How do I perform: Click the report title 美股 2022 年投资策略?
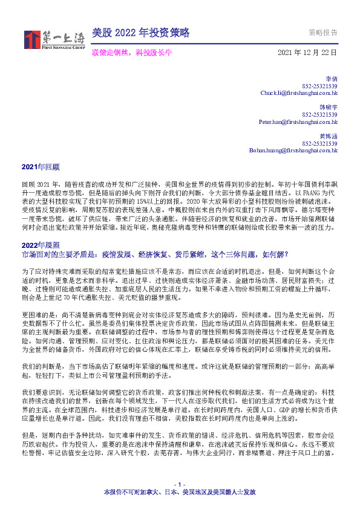(x=140, y=33)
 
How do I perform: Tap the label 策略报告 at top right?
(x=323, y=33)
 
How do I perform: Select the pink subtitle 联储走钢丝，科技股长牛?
(x=132, y=53)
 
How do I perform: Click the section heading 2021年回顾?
(x=40, y=166)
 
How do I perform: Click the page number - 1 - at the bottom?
(x=179, y=486)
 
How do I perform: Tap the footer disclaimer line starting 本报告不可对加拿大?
(x=179, y=493)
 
